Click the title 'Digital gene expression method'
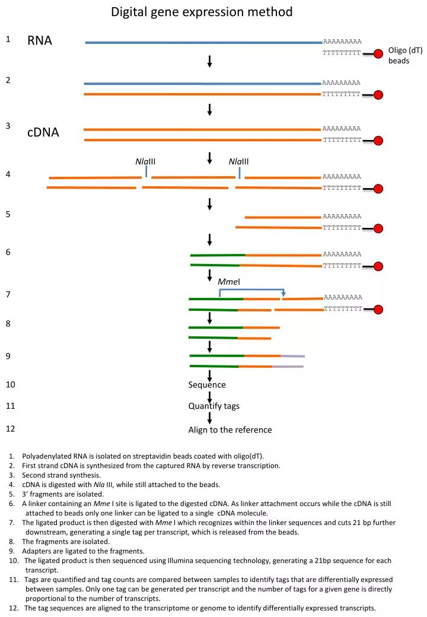202,12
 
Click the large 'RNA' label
40,40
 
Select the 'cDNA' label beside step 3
43,132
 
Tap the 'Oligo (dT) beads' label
406,56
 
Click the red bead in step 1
378,54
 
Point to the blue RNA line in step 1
203,43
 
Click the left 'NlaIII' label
145,161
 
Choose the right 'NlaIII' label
238,161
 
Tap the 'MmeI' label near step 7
229,282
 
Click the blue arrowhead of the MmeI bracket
283,294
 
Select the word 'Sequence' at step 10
207,385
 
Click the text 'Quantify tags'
214,406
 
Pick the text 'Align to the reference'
230,430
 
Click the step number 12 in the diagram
11,428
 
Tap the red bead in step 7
378,310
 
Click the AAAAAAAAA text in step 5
342,217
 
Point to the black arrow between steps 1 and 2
209,61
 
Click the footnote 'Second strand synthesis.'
61,475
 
